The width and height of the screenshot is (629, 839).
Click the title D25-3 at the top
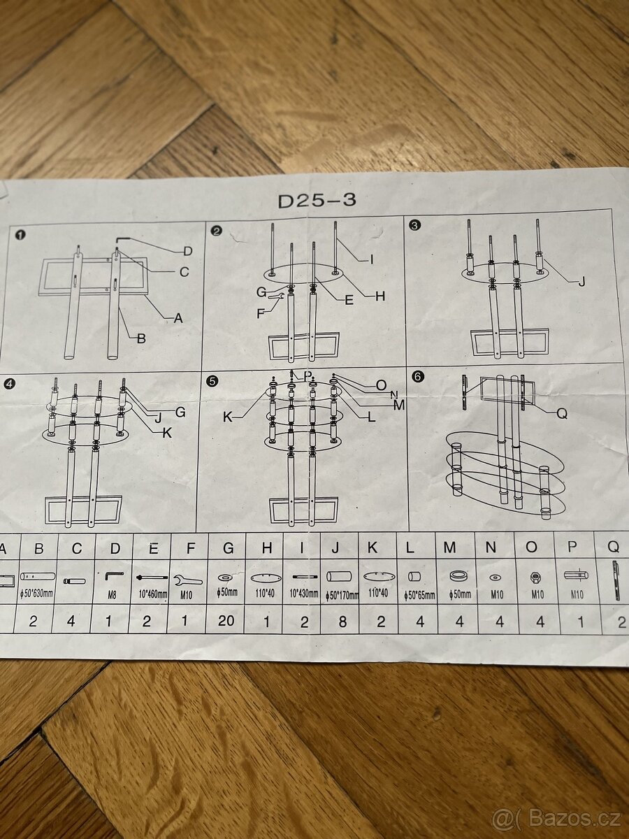click(317, 201)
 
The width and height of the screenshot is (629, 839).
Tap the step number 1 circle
click(21, 235)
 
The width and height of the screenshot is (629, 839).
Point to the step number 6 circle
click(418, 376)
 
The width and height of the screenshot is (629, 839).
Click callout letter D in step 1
click(187, 251)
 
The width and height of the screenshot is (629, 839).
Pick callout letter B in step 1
click(141, 339)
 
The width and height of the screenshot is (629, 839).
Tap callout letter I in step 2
click(372, 259)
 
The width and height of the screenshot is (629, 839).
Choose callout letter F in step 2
click(261, 314)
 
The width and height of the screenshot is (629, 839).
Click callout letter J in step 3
click(581, 282)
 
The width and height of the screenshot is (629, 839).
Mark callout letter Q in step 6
click(562, 413)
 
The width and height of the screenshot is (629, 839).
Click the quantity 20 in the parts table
click(226, 620)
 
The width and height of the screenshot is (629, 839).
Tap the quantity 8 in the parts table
click(342, 622)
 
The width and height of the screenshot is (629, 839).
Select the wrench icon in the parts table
click(188, 580)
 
